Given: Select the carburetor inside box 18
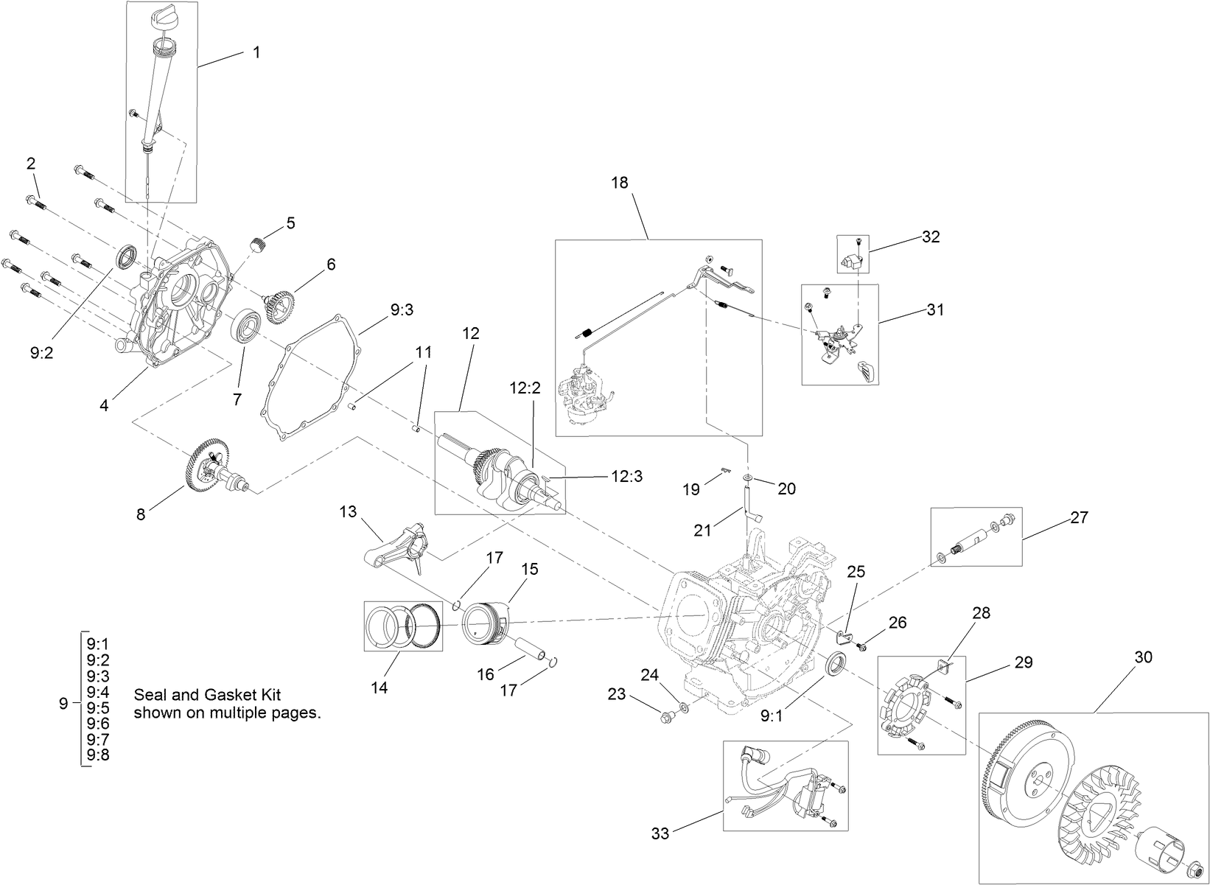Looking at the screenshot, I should pyautogui.click(x=587, y=394).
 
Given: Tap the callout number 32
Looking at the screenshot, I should pyautogui.click(x=931, y=237).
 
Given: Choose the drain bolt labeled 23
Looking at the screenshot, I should pyautogui.click(x=667, y=713).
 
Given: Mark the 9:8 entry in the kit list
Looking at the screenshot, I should pyautogui.click(x=98, y=755).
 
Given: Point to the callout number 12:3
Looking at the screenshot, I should pyautogui.click(x=626, y=477).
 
